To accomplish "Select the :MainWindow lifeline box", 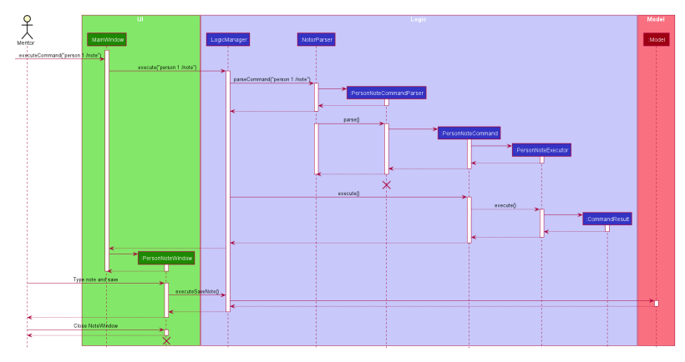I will coord(106,39).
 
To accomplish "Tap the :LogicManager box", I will coord(227,39).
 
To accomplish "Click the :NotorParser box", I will coord(316,39).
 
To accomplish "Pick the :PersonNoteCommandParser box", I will coord(386,92).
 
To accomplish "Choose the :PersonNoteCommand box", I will coord(469,133).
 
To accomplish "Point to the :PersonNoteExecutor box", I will coord(541,150).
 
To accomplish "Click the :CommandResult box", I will coord(607,219).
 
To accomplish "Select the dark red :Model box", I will coord(656,39).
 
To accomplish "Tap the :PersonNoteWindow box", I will coord(166,258).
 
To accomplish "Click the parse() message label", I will coord(351,120).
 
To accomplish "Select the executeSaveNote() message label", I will coord(197,291).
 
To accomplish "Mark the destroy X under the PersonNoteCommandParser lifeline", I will coord(386,184).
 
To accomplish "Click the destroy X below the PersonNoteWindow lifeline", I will coord(166,340).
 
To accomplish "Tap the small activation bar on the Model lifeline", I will coord(656,303).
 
